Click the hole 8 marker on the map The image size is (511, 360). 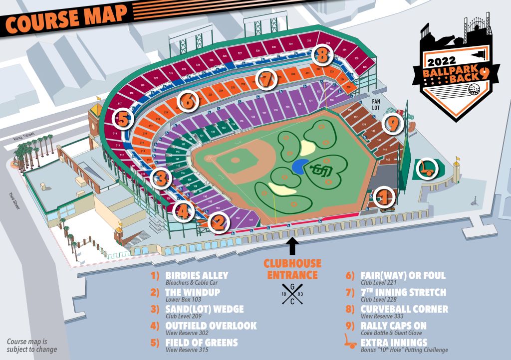[322, 55]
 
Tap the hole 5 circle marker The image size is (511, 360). [123, 119]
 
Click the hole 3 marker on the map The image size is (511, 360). [161, 177]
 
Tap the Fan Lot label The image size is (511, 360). [380, 103]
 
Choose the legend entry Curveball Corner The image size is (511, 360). [404, 309]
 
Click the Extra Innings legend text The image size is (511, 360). [394, 343]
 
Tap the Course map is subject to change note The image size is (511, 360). [31, 346]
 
